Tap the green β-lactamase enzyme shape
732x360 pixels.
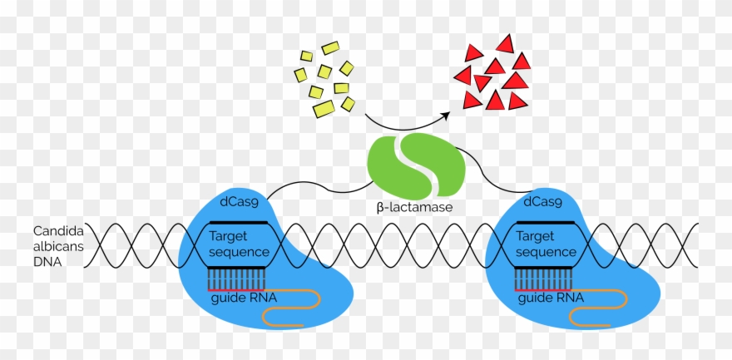413,164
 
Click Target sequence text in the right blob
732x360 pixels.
546,244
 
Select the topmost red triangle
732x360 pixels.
505,43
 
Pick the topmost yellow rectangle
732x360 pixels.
330,48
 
